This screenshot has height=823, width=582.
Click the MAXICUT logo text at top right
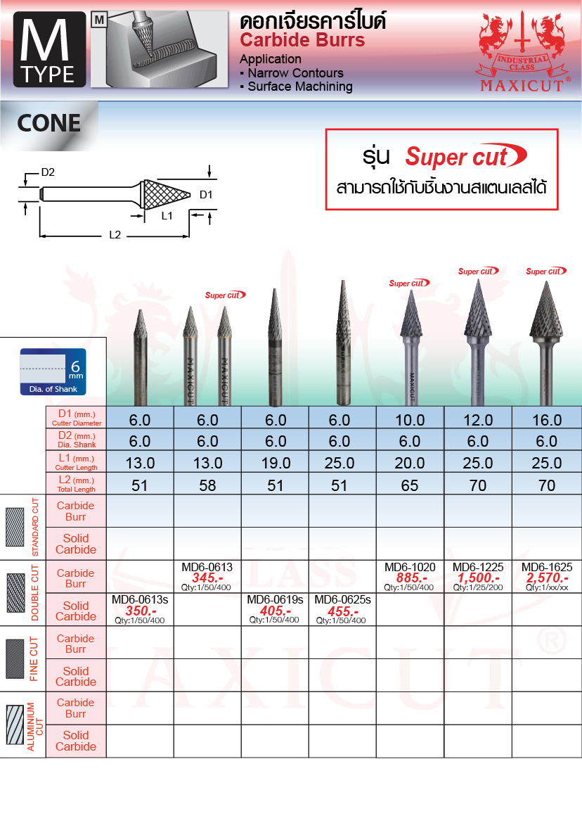point(522,85)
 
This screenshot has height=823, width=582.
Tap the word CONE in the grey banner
point(49,123)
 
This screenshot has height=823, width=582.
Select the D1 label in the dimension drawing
point(206,195)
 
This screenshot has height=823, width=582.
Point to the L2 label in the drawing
point(115,235)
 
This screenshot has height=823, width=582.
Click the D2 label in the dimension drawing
point(48,172)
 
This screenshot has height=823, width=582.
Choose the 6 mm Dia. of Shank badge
point(53,371)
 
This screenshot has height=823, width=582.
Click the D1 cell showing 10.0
point(410,420)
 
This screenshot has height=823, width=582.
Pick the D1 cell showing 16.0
point(547,420)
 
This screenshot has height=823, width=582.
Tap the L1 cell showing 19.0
point(276,463)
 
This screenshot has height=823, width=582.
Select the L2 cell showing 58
point(207,485)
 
